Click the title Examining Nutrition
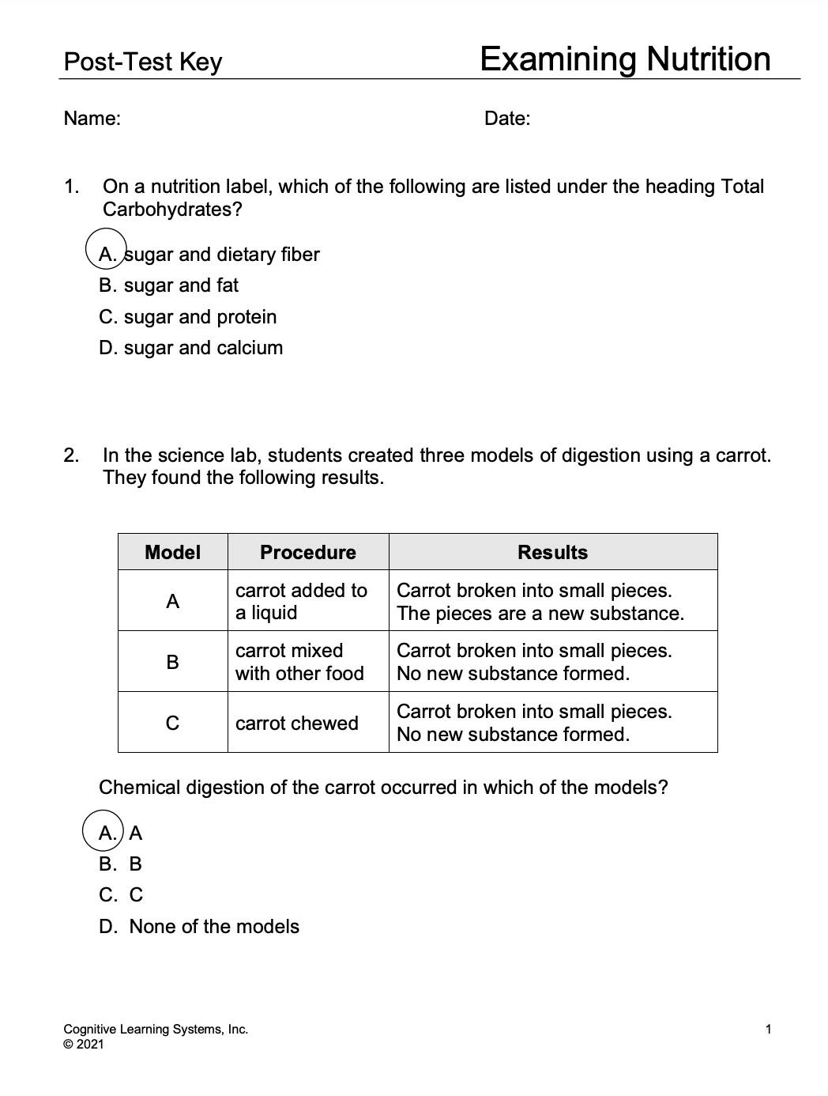click(624, 59)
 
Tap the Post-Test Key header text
click(143, 62)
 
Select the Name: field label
click(92, 119)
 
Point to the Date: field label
click(507, 119)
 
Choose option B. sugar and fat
click(168, 285)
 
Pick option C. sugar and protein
click(188, 317)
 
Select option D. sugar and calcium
click(190, 348)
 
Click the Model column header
click(173, 552)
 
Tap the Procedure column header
click(308, 552)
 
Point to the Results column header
click(553, 552)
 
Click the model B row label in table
click(173, 662)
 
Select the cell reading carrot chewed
click(297, 724)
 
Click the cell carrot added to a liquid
click(301, 602)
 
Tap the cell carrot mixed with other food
click(299, 662)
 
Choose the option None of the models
click(199, 927)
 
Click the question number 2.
click(71, 455)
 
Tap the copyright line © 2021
click(83, 1045)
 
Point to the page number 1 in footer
click(769, 1030)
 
